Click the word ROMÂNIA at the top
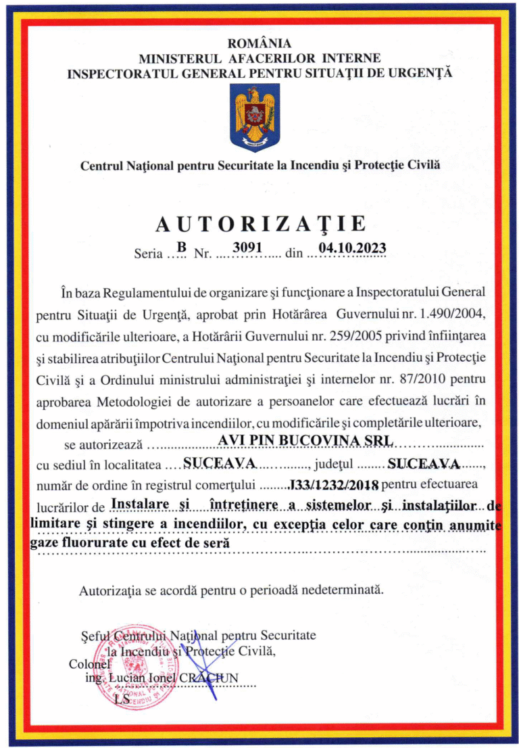(x=259, y=45)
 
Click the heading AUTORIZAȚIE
(x=260, y=224)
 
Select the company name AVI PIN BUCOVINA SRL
(x=306, y=440)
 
